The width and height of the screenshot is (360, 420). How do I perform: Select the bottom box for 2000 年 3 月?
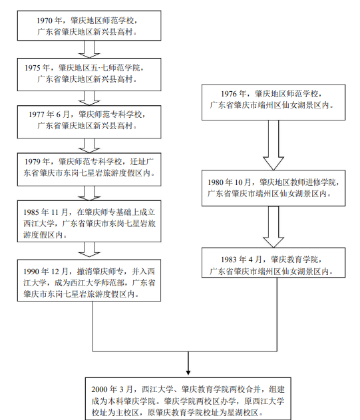[190, 399]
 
